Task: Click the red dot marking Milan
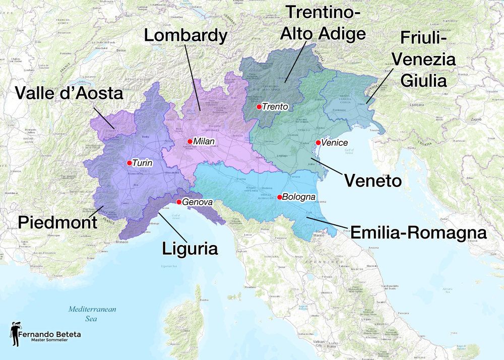(x=190, y=142)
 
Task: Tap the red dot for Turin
(x=130, y=163)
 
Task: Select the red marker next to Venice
(x=318, y=143)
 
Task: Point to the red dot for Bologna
(x=279, y=197)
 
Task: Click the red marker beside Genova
(x=179, y=202)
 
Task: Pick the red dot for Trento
(x=259, y=107)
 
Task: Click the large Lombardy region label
(x=185, y=35)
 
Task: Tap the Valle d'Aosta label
(x=69, y=93)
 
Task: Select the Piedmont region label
(x=57, y=222)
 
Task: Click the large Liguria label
(x=190, y=249)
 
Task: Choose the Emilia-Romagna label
(x=418, y=232)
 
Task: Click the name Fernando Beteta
(x=49, y=334)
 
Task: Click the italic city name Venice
(x=335, y=143)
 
